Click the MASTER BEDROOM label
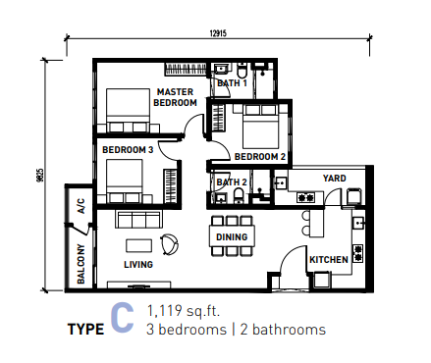175,97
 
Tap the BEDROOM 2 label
260,157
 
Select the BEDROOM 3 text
128,150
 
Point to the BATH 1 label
232,83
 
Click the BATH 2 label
232,182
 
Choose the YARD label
334,179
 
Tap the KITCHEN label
329,260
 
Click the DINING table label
232,236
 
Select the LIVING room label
138,264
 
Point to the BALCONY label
81,264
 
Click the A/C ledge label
81,206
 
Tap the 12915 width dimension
218,33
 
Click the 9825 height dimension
40,176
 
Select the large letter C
122,317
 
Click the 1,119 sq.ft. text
184,311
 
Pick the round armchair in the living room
170,244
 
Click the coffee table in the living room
138,245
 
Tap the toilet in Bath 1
242,71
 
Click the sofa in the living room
138,219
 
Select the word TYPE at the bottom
85,330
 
